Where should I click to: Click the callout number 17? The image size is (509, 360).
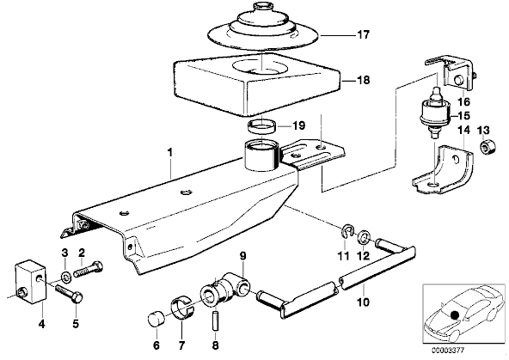363,34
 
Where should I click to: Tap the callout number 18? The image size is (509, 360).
363,80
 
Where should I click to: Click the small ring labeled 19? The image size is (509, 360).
262,126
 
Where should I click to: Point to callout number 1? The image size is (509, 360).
170,152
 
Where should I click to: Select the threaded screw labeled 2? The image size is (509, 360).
89,269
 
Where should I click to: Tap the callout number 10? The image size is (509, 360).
363,302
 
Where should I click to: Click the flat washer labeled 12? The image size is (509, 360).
364,238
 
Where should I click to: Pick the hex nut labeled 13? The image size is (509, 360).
488,149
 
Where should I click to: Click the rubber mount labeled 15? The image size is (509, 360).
435,113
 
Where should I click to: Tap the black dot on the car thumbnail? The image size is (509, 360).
454,314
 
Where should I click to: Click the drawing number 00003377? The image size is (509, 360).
448,351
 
